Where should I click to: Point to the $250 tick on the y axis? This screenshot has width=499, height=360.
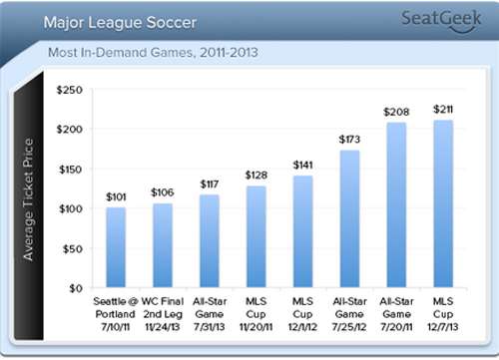click(x=69, y=90)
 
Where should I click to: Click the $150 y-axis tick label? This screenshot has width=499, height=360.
click(x=69, y=170)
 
